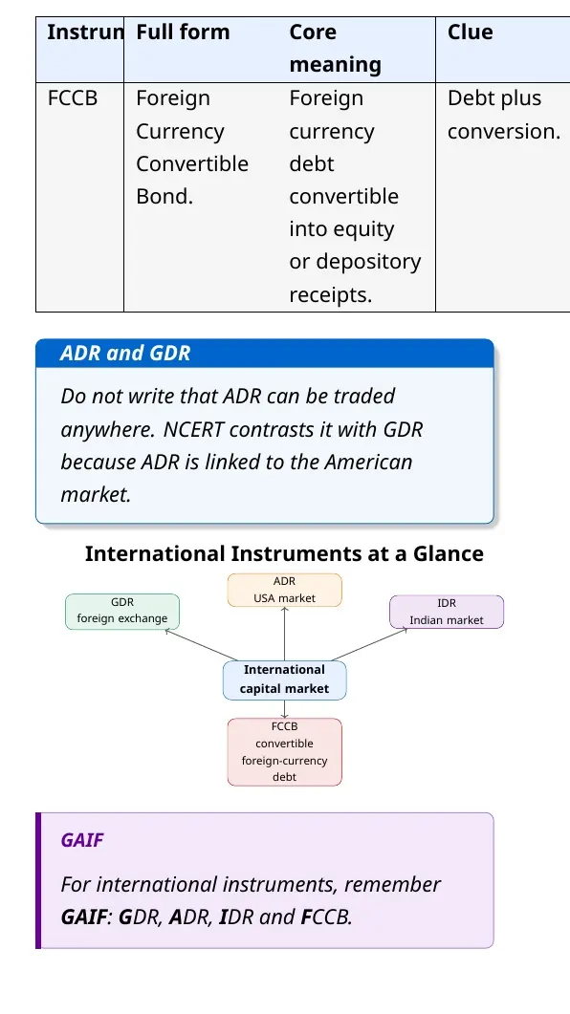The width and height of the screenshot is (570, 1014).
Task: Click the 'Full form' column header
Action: point(183,32)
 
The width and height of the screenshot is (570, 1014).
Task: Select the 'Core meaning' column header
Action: point(335,49)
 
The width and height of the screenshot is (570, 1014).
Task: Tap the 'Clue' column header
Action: point(471,32)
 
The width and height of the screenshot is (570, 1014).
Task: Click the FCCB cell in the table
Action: point(73,98)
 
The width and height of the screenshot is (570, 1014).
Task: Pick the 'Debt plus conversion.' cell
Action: point(504,115)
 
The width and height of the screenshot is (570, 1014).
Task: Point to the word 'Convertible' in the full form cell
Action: point(192,163)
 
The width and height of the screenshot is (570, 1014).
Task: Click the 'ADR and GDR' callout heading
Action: point(125,353)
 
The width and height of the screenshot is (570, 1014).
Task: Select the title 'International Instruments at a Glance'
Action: point(284,553)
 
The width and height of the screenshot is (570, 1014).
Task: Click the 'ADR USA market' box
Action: point(285,590)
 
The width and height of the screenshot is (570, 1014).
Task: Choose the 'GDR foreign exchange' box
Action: point(122,611)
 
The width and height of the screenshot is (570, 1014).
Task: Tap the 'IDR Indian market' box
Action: point(447,612)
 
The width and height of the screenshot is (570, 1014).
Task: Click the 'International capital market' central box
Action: point(285,680)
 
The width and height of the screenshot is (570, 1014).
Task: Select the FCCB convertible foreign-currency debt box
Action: point(285,751)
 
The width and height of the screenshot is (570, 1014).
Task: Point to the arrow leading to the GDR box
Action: point(201,645)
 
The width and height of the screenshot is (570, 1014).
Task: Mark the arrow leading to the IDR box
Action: point(370,644)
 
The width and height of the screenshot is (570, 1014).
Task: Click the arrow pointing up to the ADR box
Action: point(285,634)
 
